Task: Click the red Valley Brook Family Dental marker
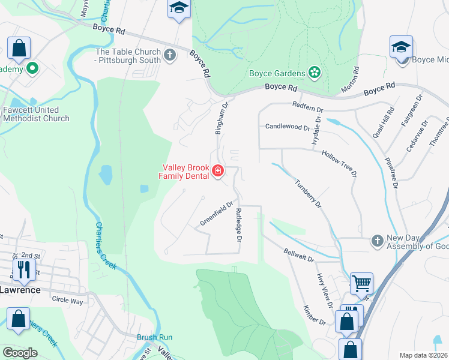(217, 172)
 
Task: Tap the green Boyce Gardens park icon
(314, 73)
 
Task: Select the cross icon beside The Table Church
(170, 56)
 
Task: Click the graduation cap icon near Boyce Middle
(401, 47)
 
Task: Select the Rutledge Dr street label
(238, 226)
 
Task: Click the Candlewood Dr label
(287, 127)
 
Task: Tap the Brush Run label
(154, 337)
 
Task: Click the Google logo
(20, 353)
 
